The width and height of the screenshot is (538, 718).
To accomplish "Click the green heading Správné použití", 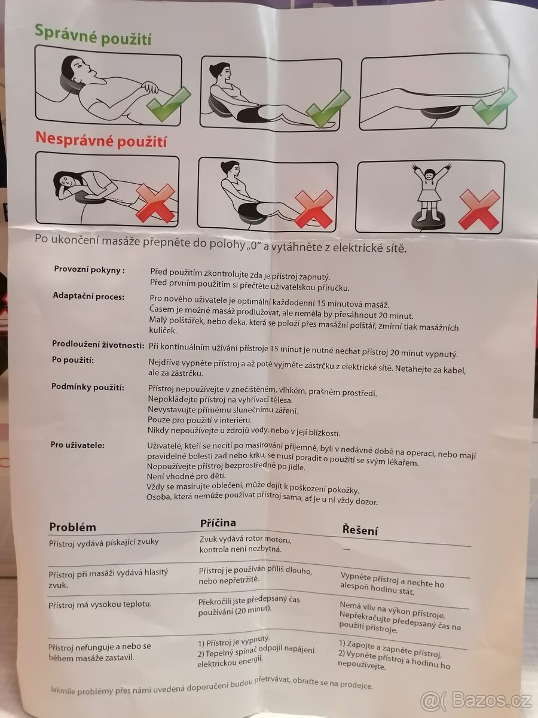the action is (93, 35).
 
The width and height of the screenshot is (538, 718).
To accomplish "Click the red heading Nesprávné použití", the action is (101, 140).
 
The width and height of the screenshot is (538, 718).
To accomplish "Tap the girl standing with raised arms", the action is (432, 190).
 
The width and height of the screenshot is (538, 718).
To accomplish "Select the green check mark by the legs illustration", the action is (495, 106).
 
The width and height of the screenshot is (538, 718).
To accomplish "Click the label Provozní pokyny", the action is (90, 270).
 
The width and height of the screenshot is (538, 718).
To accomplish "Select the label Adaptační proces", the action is (88, 296).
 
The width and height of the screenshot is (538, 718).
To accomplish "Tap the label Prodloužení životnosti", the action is (98, 345).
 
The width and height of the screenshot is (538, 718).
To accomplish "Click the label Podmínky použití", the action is (87, 387).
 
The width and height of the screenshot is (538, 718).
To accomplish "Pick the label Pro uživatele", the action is (78, 445).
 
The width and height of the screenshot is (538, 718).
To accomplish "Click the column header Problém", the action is (73, 527).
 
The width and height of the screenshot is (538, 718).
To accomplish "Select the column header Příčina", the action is (218, 523).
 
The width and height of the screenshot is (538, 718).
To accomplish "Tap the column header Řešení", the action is (360, 530).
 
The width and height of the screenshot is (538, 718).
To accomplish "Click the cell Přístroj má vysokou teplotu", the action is (100, 604).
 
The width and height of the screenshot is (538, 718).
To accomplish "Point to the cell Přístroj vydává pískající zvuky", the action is (104, 543).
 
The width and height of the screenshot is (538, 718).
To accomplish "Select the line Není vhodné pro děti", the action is (186, 476).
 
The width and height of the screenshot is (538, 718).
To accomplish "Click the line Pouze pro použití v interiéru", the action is (200, 419).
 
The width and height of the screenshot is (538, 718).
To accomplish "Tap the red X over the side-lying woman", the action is (155, 203).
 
